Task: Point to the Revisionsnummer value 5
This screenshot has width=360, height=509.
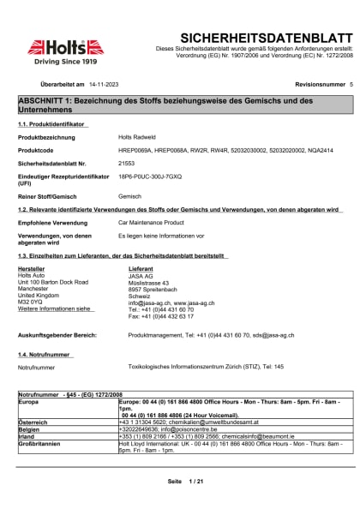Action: click(351, 86)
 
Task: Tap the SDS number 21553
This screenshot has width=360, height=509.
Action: click(126, 162)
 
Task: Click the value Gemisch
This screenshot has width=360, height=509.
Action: click(129, 195)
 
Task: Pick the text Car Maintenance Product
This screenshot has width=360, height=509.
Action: click(152, 221)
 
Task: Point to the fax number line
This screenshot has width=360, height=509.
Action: click(159, 316)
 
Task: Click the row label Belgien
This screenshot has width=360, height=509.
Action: click(30, 428)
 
